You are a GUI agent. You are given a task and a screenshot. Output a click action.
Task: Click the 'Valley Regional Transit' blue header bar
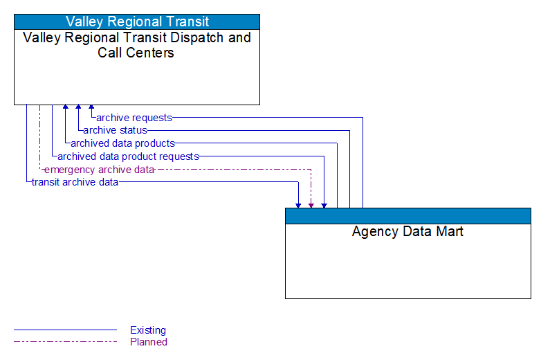tap(137, 21)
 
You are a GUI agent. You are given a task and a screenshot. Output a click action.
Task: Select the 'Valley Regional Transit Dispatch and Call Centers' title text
tap(137, 45)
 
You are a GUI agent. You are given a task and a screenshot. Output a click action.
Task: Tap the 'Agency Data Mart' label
tap(407, 232)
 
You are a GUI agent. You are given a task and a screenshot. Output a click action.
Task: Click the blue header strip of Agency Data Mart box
tap(407, 215)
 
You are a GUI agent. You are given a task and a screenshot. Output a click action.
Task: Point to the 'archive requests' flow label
tap(134, 118)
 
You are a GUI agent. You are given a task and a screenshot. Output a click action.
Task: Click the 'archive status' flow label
tap(115, 130)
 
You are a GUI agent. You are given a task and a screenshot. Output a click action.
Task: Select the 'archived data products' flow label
tap(122, 143)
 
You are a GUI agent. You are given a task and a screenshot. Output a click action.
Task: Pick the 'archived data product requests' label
tap(128, 156)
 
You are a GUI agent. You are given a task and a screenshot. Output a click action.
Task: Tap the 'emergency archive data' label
tap(99, 170)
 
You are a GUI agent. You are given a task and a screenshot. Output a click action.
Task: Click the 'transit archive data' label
tap(75, 182)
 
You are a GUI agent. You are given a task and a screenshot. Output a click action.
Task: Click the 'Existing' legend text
tap(148, 330)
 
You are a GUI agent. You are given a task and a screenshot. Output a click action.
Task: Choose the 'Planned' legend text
tap(149, 342)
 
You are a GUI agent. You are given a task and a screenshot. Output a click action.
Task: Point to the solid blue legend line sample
tap(65, 330)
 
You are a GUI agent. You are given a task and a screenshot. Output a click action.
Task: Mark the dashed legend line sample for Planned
tap(65, 342)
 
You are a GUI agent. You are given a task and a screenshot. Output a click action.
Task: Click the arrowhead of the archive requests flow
tap(91, 108)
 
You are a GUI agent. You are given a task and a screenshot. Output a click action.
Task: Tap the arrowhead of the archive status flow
tap(78, 108)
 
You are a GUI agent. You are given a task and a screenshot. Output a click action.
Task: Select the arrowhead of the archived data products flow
tap(65, 108)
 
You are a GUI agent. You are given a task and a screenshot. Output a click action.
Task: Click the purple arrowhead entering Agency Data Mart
tap(311, 205)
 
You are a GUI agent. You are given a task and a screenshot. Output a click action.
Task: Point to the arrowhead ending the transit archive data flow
tap(298, 205)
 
